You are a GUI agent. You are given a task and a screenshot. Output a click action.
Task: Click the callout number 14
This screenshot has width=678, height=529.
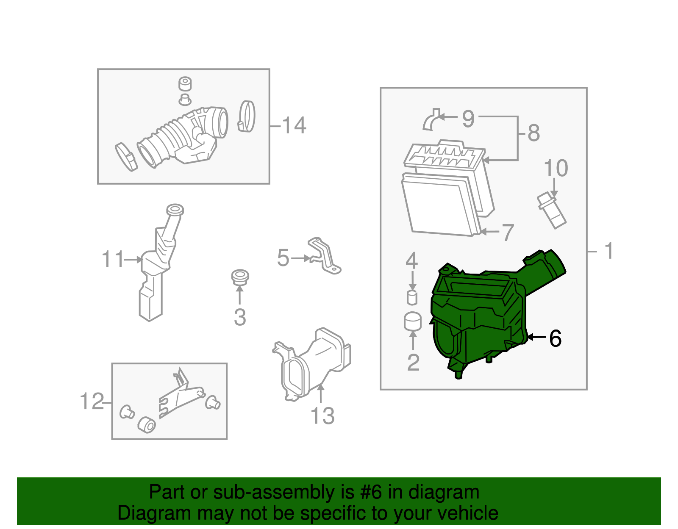click(x=294, y=125)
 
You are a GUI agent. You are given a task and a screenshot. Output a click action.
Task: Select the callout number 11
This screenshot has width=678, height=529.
click(x=113, y=259)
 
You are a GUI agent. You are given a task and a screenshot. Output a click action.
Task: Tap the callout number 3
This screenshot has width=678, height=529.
click(x=240, y=317)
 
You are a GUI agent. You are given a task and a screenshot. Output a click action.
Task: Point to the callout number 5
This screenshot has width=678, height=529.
click(x=283, y=258)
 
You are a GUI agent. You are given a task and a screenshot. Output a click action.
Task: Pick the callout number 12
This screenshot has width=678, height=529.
click(x=92, y=401)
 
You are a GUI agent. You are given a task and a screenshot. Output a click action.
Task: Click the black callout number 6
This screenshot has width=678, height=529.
click(x=555, y=338)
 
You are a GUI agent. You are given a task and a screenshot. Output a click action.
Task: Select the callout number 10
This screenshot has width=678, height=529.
click(x=556, y=168)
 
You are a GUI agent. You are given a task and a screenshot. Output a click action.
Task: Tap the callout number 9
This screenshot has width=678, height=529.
click(x=468, y=119)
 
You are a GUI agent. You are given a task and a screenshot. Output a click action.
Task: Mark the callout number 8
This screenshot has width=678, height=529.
click(x=534, y=133)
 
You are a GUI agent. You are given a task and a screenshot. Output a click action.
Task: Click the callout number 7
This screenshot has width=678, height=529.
click(x=508, y=233)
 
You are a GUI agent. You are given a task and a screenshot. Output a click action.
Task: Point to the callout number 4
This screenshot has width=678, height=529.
click(x=412, y=261)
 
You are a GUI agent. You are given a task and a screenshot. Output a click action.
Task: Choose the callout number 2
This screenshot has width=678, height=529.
click(x=413, y=362)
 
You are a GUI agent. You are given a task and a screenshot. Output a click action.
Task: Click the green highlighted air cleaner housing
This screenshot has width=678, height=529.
click(x=479, y=318)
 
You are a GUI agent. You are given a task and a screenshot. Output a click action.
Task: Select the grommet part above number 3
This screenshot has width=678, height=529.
click(x=240, y=277)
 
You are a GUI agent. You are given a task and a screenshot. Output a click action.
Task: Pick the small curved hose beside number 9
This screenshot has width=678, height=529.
click(x=431, y=120)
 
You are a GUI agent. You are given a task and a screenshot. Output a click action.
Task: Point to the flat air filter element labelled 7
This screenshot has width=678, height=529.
click(x=439, y=205)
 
